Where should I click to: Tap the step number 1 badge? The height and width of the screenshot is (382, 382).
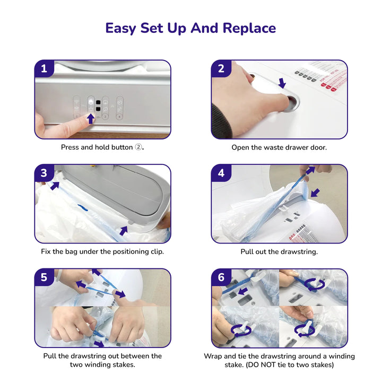pyautogui.click(x=44, y=68)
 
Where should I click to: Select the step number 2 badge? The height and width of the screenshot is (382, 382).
pyautogui.click(x=221, y=68)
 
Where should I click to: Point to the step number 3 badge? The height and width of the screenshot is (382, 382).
pyautogui.click(x=44, y=173)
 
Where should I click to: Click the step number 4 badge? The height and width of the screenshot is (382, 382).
pyautogui.click(x=221, y=173)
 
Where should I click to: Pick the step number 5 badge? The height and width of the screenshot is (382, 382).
pyautogui.click(x=44, y=277)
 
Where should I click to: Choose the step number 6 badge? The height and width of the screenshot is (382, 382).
pyautogui.click(x=221, y=277)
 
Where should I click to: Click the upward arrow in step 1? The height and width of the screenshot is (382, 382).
pyautogui.click(x=91, y=119)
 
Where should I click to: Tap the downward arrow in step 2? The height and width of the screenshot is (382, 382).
pyautogui.click(x=282, y=83)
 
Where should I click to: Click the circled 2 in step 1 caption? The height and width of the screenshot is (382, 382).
pyautogui.click(x=138, y=147)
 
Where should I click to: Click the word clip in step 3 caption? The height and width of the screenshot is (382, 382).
pyautogui.click(x=157, y=251)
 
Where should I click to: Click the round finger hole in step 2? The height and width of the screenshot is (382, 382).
pyautogui.click(x=291, y=102)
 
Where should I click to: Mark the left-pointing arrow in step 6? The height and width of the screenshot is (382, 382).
pyautogui.click(x=242, y=291)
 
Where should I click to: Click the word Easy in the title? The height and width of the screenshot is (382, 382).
pyautogui.click(x=120, y=29)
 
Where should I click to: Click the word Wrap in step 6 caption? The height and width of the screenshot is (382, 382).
pyautogui.click(x=213, y=356)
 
